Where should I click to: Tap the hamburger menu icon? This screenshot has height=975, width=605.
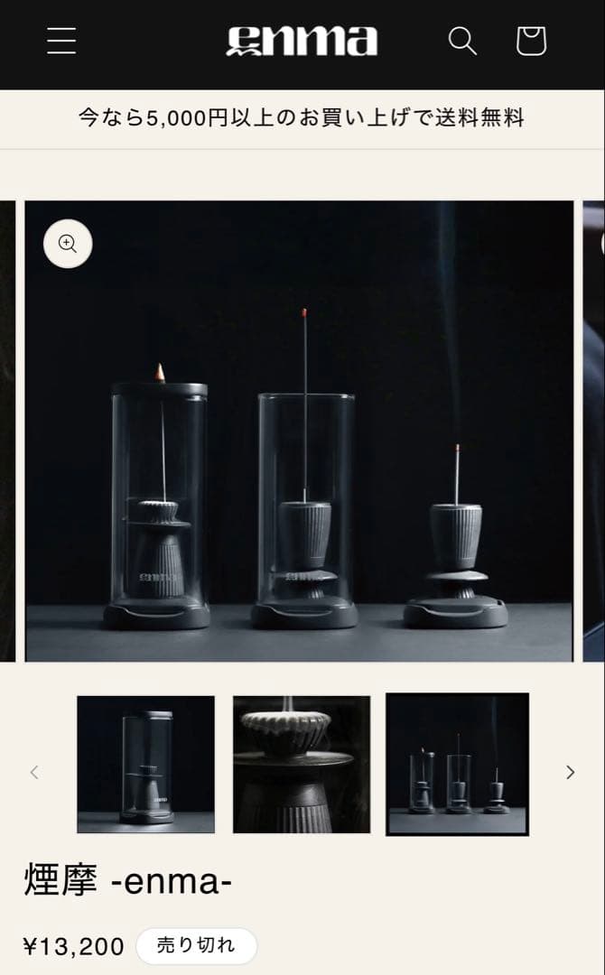tap(61, 41)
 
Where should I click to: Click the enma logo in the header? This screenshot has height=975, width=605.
tap(302, 41)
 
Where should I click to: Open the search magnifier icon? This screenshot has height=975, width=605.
tap(462, 41)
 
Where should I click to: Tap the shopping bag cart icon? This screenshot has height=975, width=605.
tap(532, 41)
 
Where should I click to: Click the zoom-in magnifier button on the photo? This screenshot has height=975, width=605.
tap(68, 244)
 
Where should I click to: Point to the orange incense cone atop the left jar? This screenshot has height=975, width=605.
tap(161, 373)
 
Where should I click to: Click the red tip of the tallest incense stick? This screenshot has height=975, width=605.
tap(304, 312)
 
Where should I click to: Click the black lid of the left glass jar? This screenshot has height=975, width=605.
tap(159, 390)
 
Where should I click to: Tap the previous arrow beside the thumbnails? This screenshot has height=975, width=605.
tap(34, 772)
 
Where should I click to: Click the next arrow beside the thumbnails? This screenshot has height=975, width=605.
tap(570, 772)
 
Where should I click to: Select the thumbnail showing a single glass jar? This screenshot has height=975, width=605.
tap(145, 765)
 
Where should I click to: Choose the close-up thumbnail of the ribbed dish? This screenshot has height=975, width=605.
tap(302, 765)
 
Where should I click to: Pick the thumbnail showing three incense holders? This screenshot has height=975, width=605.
tap(458, 765)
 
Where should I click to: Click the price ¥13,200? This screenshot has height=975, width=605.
tap(74, 946)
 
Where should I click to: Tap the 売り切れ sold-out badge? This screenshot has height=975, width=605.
tap(197, 946)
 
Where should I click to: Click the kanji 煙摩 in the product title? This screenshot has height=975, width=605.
tap(60, 880)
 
